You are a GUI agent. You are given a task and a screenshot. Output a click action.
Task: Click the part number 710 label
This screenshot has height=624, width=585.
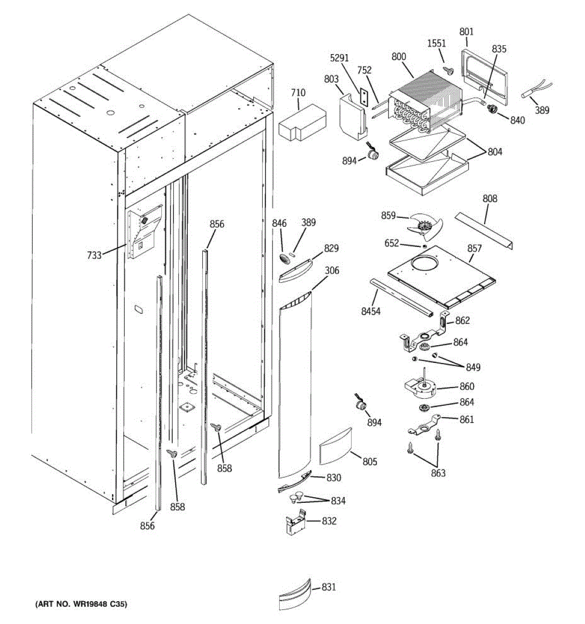click(298, 93)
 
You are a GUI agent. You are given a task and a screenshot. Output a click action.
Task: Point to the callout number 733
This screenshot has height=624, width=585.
click(94, 255)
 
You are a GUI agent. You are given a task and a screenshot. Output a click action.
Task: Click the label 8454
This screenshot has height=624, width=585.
click(371, 311)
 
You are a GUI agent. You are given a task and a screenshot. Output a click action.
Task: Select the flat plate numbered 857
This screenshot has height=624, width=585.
click(442, 276)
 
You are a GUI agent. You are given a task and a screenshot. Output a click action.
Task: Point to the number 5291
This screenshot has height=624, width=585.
click(340, 58)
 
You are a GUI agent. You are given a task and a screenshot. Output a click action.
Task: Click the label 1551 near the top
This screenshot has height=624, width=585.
click(437, 43)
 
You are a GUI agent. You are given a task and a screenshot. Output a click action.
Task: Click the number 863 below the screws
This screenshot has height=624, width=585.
click(438, 473)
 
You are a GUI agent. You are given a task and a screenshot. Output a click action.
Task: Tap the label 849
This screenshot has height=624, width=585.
click(473, 368)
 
